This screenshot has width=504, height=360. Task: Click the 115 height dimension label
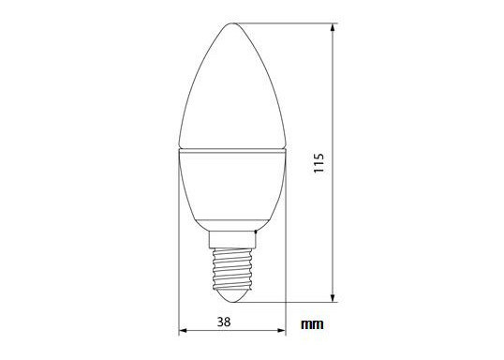319,163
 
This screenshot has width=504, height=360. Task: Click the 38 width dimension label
224,322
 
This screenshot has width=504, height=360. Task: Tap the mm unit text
312,324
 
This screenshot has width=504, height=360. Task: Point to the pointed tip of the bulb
232,23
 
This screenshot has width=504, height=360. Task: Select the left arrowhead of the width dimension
183,330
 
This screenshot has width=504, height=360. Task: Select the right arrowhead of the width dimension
282,330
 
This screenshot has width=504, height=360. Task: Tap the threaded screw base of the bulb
232,269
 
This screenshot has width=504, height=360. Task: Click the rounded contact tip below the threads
232,296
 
